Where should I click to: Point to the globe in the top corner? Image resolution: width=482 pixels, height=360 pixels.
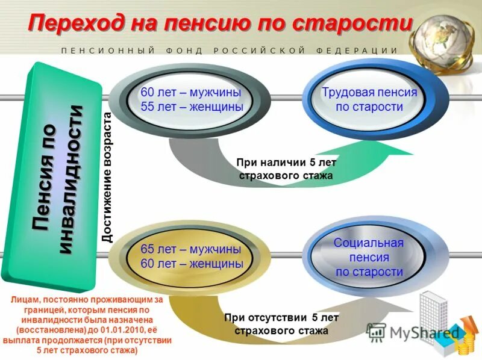449,33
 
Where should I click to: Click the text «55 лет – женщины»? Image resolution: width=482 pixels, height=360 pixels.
191,107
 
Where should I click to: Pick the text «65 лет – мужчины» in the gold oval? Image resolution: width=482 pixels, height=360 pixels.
191,250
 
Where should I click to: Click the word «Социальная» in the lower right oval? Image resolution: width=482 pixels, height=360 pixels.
369,243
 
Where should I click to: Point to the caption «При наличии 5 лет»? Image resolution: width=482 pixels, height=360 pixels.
286,163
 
